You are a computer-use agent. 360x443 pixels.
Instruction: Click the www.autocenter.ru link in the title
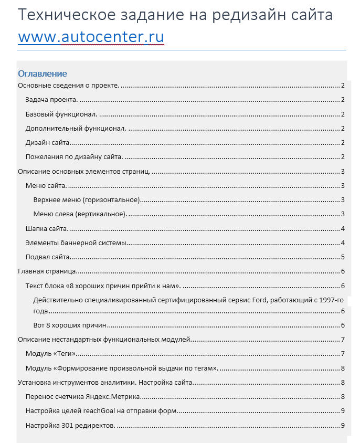coord(91,38)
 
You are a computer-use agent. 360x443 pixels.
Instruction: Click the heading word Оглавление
coord(43,73)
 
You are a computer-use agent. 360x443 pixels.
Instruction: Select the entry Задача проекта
coord(52,100)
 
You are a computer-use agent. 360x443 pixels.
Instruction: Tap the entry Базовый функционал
coord(61,114)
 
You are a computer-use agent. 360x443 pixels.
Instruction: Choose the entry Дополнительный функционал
coord(76,128)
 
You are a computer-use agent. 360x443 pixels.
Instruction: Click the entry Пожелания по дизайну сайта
coord(74,156)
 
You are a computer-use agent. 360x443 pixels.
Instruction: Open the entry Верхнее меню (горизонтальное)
coord(87,199)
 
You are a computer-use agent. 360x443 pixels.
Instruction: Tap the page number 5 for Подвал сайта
coord(342,257)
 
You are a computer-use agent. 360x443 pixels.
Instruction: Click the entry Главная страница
coord(48,271)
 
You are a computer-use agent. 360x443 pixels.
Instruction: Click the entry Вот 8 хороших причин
coord(70,325)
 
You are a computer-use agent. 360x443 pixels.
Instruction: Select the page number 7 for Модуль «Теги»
coord(342,354)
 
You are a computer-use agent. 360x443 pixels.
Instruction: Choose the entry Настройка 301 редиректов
coord(70,425)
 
